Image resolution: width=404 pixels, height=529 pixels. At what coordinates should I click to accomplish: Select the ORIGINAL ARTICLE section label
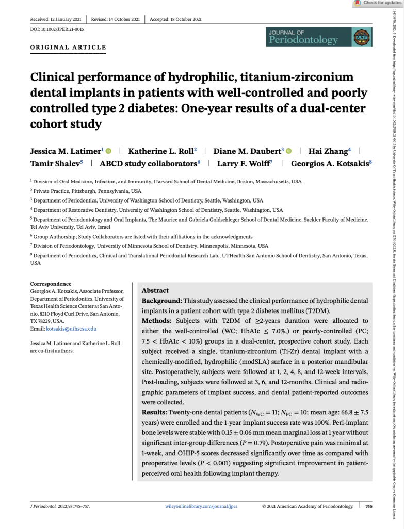69,48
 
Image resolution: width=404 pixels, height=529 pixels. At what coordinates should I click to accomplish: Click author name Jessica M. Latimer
67,151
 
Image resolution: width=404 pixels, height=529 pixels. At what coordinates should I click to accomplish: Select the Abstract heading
155,291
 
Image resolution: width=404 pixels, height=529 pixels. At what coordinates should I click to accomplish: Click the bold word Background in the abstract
159,300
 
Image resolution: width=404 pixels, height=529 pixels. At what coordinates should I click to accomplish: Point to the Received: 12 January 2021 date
56,19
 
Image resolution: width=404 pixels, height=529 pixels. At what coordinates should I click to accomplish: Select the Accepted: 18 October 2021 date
175,19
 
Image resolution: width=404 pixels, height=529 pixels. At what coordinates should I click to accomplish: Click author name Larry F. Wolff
240,164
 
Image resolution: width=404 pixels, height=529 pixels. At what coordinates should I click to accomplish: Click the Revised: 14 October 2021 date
115,19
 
